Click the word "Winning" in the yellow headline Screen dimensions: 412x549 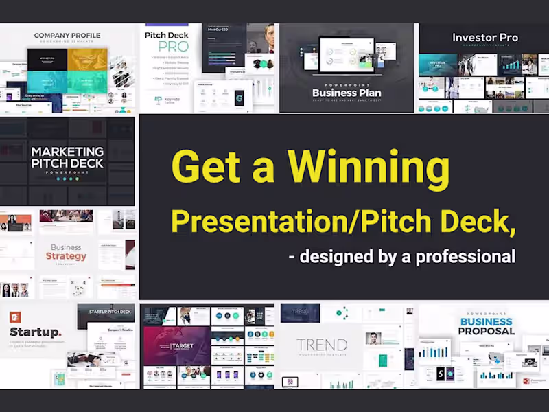click(369, 168)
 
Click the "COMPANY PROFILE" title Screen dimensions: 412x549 click(67, 35)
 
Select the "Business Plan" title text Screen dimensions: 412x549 click(346, 93)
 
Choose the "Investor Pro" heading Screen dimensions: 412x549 click(484, 38)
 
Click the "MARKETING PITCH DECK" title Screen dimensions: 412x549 click(67, 157)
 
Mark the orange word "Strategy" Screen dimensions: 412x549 click(67, 256)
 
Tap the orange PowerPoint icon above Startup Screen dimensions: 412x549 click(15, 317)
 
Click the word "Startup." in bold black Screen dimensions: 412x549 click(35, 332)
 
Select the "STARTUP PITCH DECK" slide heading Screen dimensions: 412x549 click(110, 312)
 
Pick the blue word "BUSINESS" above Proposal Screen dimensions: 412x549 click(486, 321)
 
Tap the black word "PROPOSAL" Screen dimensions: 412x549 click(486, 331)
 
